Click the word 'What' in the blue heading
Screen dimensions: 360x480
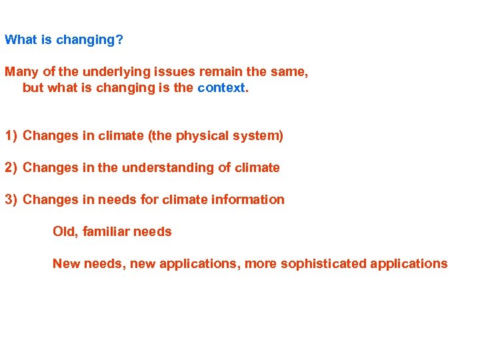tap(21, 39)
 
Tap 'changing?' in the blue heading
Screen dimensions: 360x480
tap(89, 40)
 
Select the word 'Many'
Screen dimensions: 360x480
tap(20, 71)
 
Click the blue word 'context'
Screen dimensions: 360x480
tap(221, 87)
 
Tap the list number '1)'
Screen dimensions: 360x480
tap(11, 136)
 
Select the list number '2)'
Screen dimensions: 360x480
tap(11, 168)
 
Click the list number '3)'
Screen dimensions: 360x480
tap(11, 200)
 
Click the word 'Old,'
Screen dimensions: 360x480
tap(65, 232)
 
